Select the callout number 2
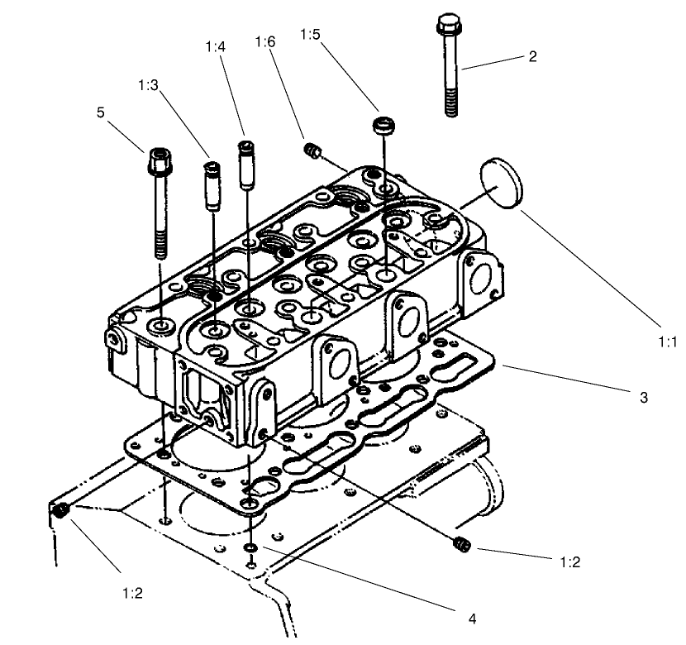point(533,56)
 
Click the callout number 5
point(101,112)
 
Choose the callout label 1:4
point(215,47)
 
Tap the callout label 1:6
point(264,41)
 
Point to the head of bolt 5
point(158,157)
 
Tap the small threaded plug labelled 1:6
point(312,151)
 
